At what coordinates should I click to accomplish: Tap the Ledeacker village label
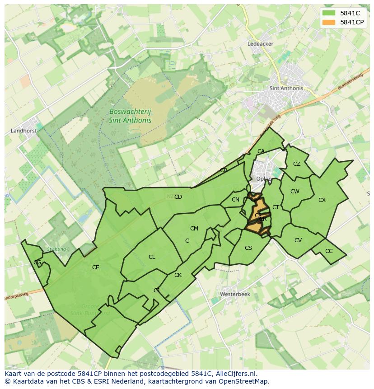(260, 44)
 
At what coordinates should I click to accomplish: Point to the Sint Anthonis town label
(286, 89)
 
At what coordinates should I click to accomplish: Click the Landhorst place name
(23, 131)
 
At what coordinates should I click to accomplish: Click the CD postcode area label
(178, 197)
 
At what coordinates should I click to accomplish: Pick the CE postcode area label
(95, 267)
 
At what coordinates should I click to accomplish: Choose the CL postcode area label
(152, 257)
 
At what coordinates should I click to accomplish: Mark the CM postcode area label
(194, 229)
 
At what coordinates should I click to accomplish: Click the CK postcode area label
(178, 275)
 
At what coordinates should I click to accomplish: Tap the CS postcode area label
(248, 248)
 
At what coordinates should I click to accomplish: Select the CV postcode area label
(298, 240)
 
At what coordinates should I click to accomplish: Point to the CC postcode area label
(329, 251)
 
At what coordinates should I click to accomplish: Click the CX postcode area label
(322, 200)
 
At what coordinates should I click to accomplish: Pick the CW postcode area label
(295, 192)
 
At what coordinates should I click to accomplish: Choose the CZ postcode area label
(297, 164)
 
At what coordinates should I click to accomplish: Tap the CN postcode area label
(235, 200)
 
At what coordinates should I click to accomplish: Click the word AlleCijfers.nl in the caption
(235, 374)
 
